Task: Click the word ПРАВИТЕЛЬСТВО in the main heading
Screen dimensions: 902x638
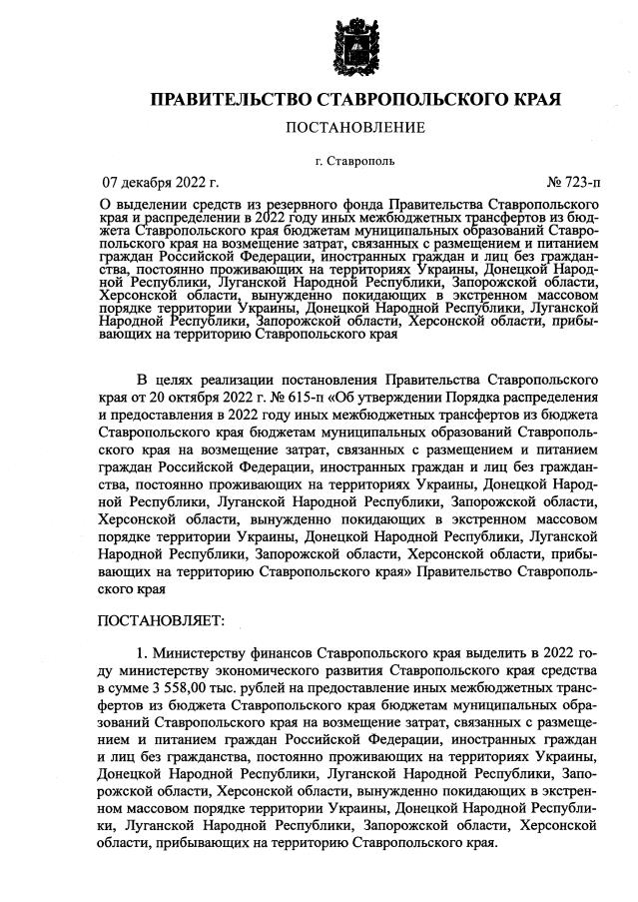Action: point(228,101)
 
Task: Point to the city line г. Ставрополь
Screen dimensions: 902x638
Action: point(354,160)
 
